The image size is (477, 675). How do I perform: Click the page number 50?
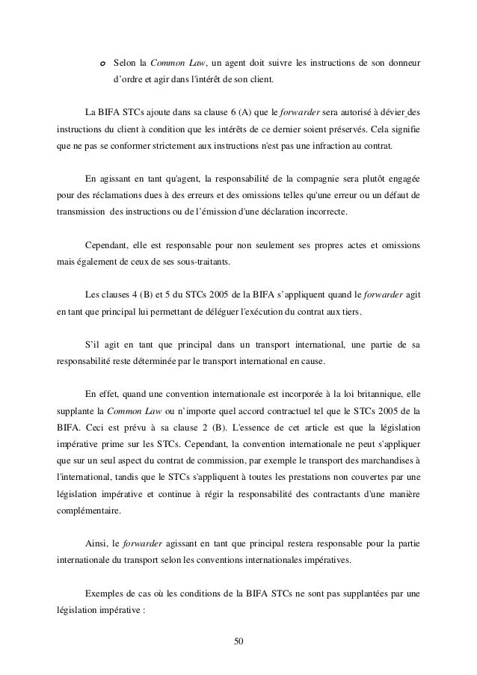238,641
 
